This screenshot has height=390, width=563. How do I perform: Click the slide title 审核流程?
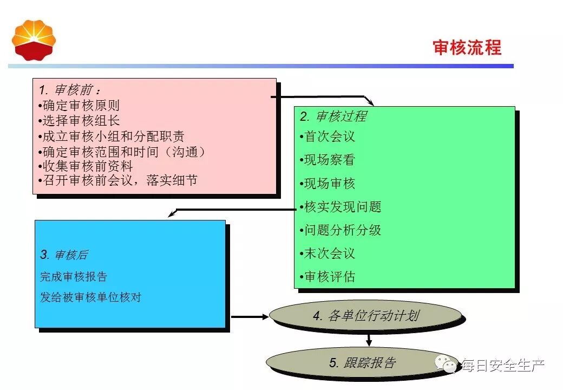[x=467, y=47]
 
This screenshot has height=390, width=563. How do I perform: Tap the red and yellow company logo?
[x=34, y=40]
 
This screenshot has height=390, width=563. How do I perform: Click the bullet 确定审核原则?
[x=79, y=105]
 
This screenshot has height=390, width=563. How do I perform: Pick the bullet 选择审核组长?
[x=79, y=120]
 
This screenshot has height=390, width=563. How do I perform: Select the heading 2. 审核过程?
[x=333, y=116]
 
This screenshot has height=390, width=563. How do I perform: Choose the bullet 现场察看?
[x=328, y=160]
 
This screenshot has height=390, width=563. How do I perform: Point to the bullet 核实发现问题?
[x=341, y=206]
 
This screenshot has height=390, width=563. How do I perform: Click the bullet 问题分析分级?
[x=341, y=230]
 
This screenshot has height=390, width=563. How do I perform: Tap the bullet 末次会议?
[x=328, y=253]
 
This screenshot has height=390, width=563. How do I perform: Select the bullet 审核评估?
[x=328, y=276]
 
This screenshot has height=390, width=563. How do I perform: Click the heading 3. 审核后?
[x=64, y=255]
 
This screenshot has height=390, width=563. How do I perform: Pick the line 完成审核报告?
[x=74, y=276]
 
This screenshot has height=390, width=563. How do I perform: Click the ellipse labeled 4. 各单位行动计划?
[x=365, y=316]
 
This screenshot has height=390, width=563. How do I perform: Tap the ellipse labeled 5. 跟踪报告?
[x=363, y=362]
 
